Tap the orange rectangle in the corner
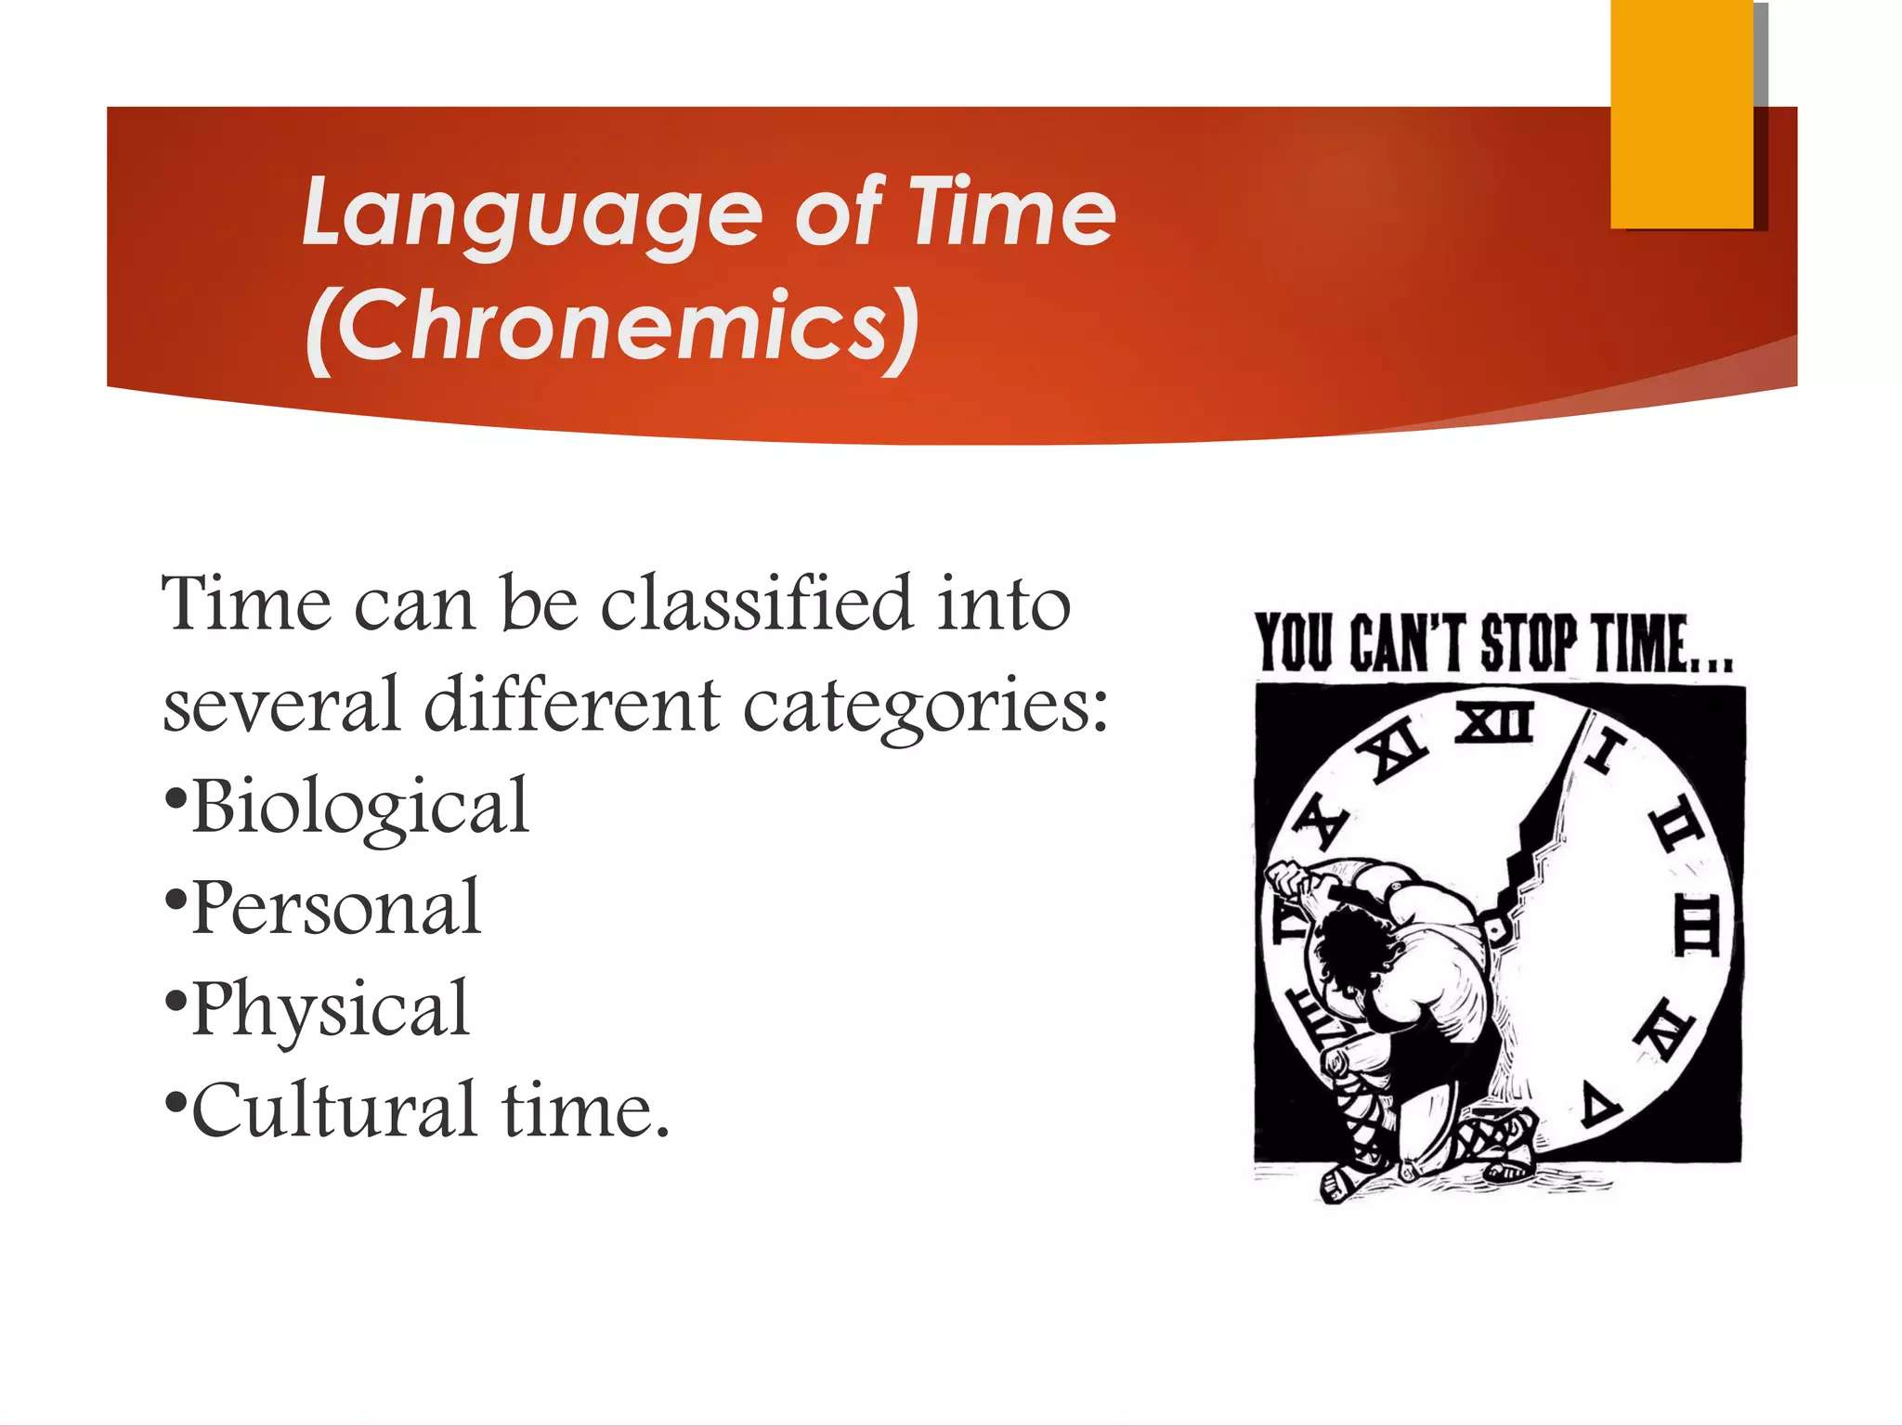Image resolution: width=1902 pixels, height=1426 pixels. tap(1681, 113)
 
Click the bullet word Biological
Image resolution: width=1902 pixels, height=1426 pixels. tap(360, 806)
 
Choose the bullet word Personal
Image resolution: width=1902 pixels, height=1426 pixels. tap(336, 907)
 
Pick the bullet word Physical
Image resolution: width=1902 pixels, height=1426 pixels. tap(331, 1009)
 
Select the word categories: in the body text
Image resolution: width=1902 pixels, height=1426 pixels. tap(925, 706)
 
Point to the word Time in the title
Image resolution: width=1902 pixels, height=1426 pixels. tap(1011, 214)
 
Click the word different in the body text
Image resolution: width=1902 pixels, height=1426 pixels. tap(571, 706)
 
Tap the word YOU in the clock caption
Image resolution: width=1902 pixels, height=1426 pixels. tap(1293, 642)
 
